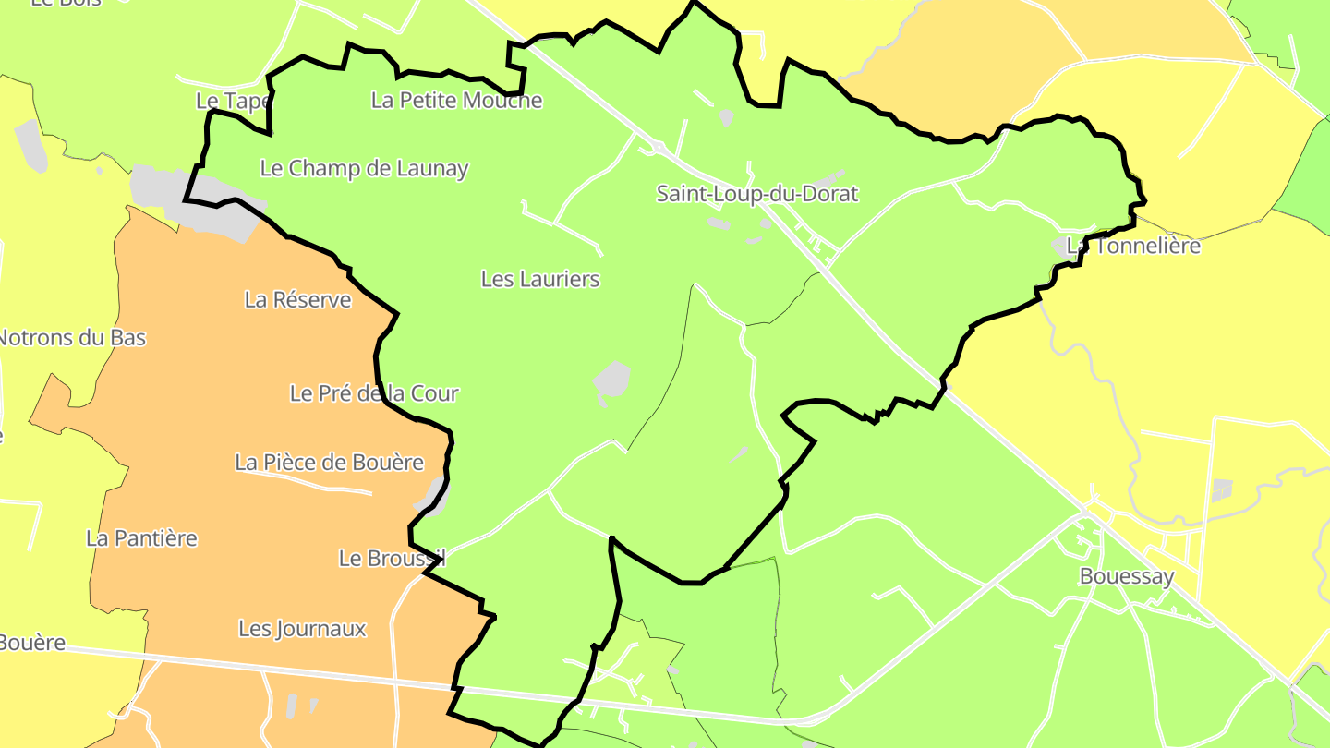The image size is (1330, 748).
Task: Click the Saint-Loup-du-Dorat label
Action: tap(756, 194)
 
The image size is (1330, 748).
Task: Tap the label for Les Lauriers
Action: tap(540, 279)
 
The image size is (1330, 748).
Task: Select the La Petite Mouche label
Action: tap(456, 100)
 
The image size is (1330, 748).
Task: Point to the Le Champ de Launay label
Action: tap(364, 168)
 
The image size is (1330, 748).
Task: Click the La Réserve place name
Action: tap(297, 300)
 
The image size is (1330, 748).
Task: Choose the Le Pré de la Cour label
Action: tap(374, 393)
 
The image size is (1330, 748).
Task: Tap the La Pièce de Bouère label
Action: tap(329, 463)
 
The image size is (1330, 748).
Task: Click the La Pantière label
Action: tap(141, 538)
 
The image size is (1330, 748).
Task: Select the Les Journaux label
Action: tap(302, 629)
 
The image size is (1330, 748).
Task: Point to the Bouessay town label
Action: tap(1127, 577)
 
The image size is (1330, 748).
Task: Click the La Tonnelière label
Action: tap(1134, 246)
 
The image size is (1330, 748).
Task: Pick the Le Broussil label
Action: tap(392, 559)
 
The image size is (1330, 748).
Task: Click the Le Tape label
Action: tap(233, 100)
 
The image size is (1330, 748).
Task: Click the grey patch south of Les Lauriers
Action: tap(611, 380)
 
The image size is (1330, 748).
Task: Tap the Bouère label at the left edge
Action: tap(31, 643)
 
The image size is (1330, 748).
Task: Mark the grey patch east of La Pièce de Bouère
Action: tap(433, 496)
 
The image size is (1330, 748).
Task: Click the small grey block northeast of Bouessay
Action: tap(1222, 489)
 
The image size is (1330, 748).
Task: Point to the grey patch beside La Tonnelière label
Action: tap(1061, 247)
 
